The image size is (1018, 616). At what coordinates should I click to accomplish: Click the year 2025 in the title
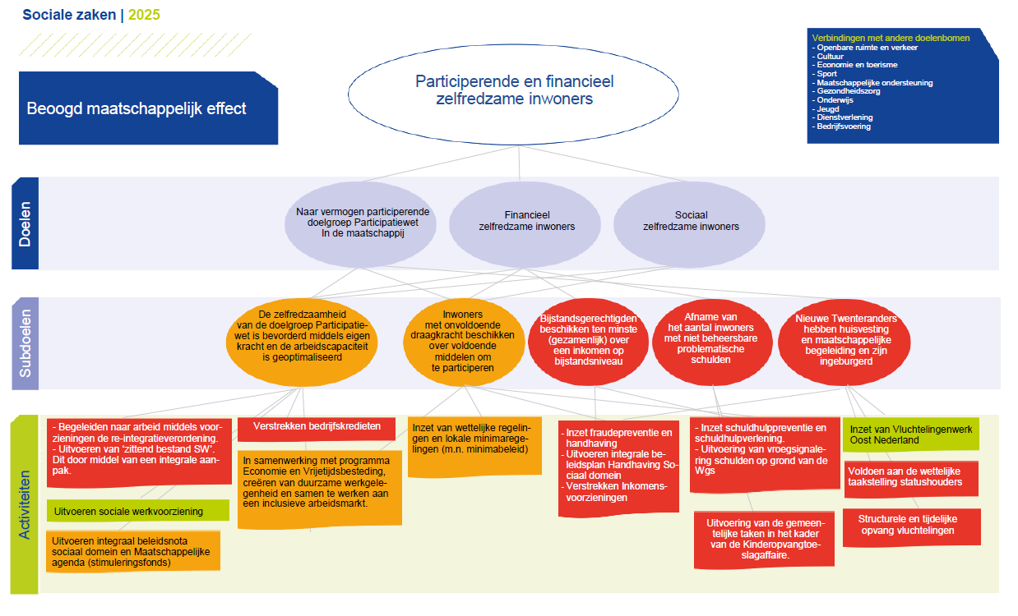click(x=144, y=15)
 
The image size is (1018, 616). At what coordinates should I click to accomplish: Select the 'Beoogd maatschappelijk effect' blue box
click(x=148, y=108)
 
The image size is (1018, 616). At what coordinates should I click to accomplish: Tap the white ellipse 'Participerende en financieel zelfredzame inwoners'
click(x=514, y=94)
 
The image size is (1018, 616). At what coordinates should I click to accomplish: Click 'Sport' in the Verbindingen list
click(x=826, y=74)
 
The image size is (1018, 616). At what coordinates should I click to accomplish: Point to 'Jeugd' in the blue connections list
click(x=827, y=109)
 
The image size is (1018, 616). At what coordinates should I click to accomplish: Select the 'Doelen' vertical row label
click(x=25, y=223)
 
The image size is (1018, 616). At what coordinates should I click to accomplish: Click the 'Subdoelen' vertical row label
click(x=25, y=343)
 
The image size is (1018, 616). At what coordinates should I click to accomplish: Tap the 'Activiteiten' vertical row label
click(x=25, y=504)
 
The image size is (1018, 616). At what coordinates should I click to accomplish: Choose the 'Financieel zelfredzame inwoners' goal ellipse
click(x=525, y=224)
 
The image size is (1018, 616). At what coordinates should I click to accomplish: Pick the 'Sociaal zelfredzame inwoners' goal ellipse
click(x=689, y=224)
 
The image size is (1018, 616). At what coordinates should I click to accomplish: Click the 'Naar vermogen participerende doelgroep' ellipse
click(x=361, y=224)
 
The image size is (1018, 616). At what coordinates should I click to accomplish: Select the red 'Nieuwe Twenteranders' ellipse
click(x=844, y=342)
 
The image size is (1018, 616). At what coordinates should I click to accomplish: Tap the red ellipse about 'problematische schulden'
click(x=712, y=342)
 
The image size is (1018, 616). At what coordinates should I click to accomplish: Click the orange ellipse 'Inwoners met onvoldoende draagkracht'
click(x=464, y=342)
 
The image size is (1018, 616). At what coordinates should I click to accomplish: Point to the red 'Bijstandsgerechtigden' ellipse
click(x=588, y=342)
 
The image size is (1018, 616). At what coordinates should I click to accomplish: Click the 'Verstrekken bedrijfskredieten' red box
click(x=317, y=429)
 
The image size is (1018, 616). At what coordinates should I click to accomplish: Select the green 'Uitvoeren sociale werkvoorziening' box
click(x=138, y=511)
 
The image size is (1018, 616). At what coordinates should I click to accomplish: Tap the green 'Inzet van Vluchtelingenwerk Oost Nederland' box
click(x=911, y=434)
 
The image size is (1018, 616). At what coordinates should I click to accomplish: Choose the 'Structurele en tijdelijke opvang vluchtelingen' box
click(x=912, y=526)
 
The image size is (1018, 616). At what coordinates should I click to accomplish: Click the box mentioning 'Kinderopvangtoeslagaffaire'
click(x=765, y=540)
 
